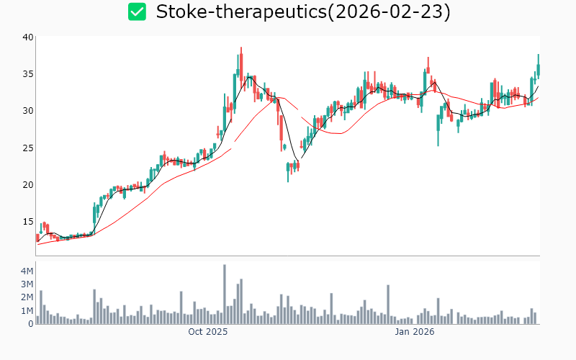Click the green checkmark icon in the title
point(137,12)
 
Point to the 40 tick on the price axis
point(27,37)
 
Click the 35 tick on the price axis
point(27,73)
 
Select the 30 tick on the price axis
point(27,110)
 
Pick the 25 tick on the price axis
point(27,148)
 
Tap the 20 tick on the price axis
point(27,184)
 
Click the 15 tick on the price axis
point(27,221)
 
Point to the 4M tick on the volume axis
point(26,271)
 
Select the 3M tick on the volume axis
point(26,284)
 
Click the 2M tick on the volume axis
point(26,297)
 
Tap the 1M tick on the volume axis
point(26,311)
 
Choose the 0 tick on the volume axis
point(30,324)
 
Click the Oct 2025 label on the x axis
point(207,333)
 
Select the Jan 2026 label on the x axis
point(414,333)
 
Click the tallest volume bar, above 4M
point(225,294)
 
